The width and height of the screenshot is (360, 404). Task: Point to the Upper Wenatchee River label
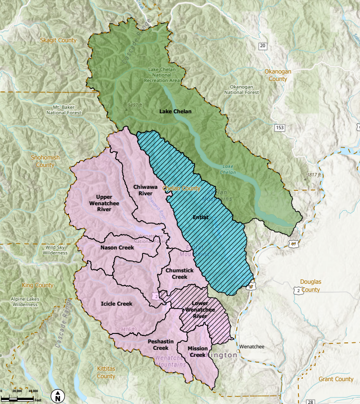coord(104,203)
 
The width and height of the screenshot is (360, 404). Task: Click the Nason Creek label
coord(117,247)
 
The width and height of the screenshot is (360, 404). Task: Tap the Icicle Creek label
coord(117,304)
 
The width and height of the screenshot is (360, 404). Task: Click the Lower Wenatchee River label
coord(200,310)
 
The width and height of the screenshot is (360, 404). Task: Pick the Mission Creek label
coord(197,352)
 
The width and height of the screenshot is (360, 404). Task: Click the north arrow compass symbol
coord(58,396)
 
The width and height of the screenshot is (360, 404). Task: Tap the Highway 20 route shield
coord(262,46)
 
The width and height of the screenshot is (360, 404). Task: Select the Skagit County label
coord(59,40)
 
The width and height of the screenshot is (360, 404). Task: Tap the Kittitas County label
coord(106,373)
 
